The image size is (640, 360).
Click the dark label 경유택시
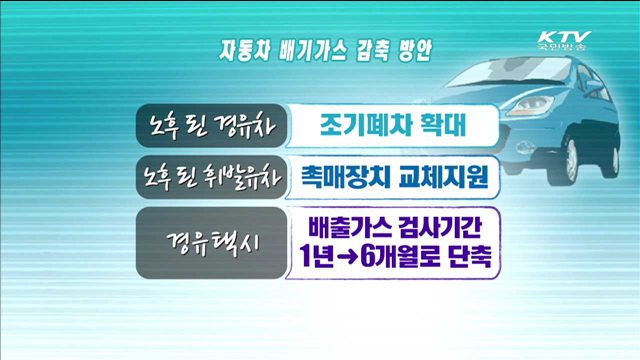(211, 243)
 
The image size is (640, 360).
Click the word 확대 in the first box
(440, 126)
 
